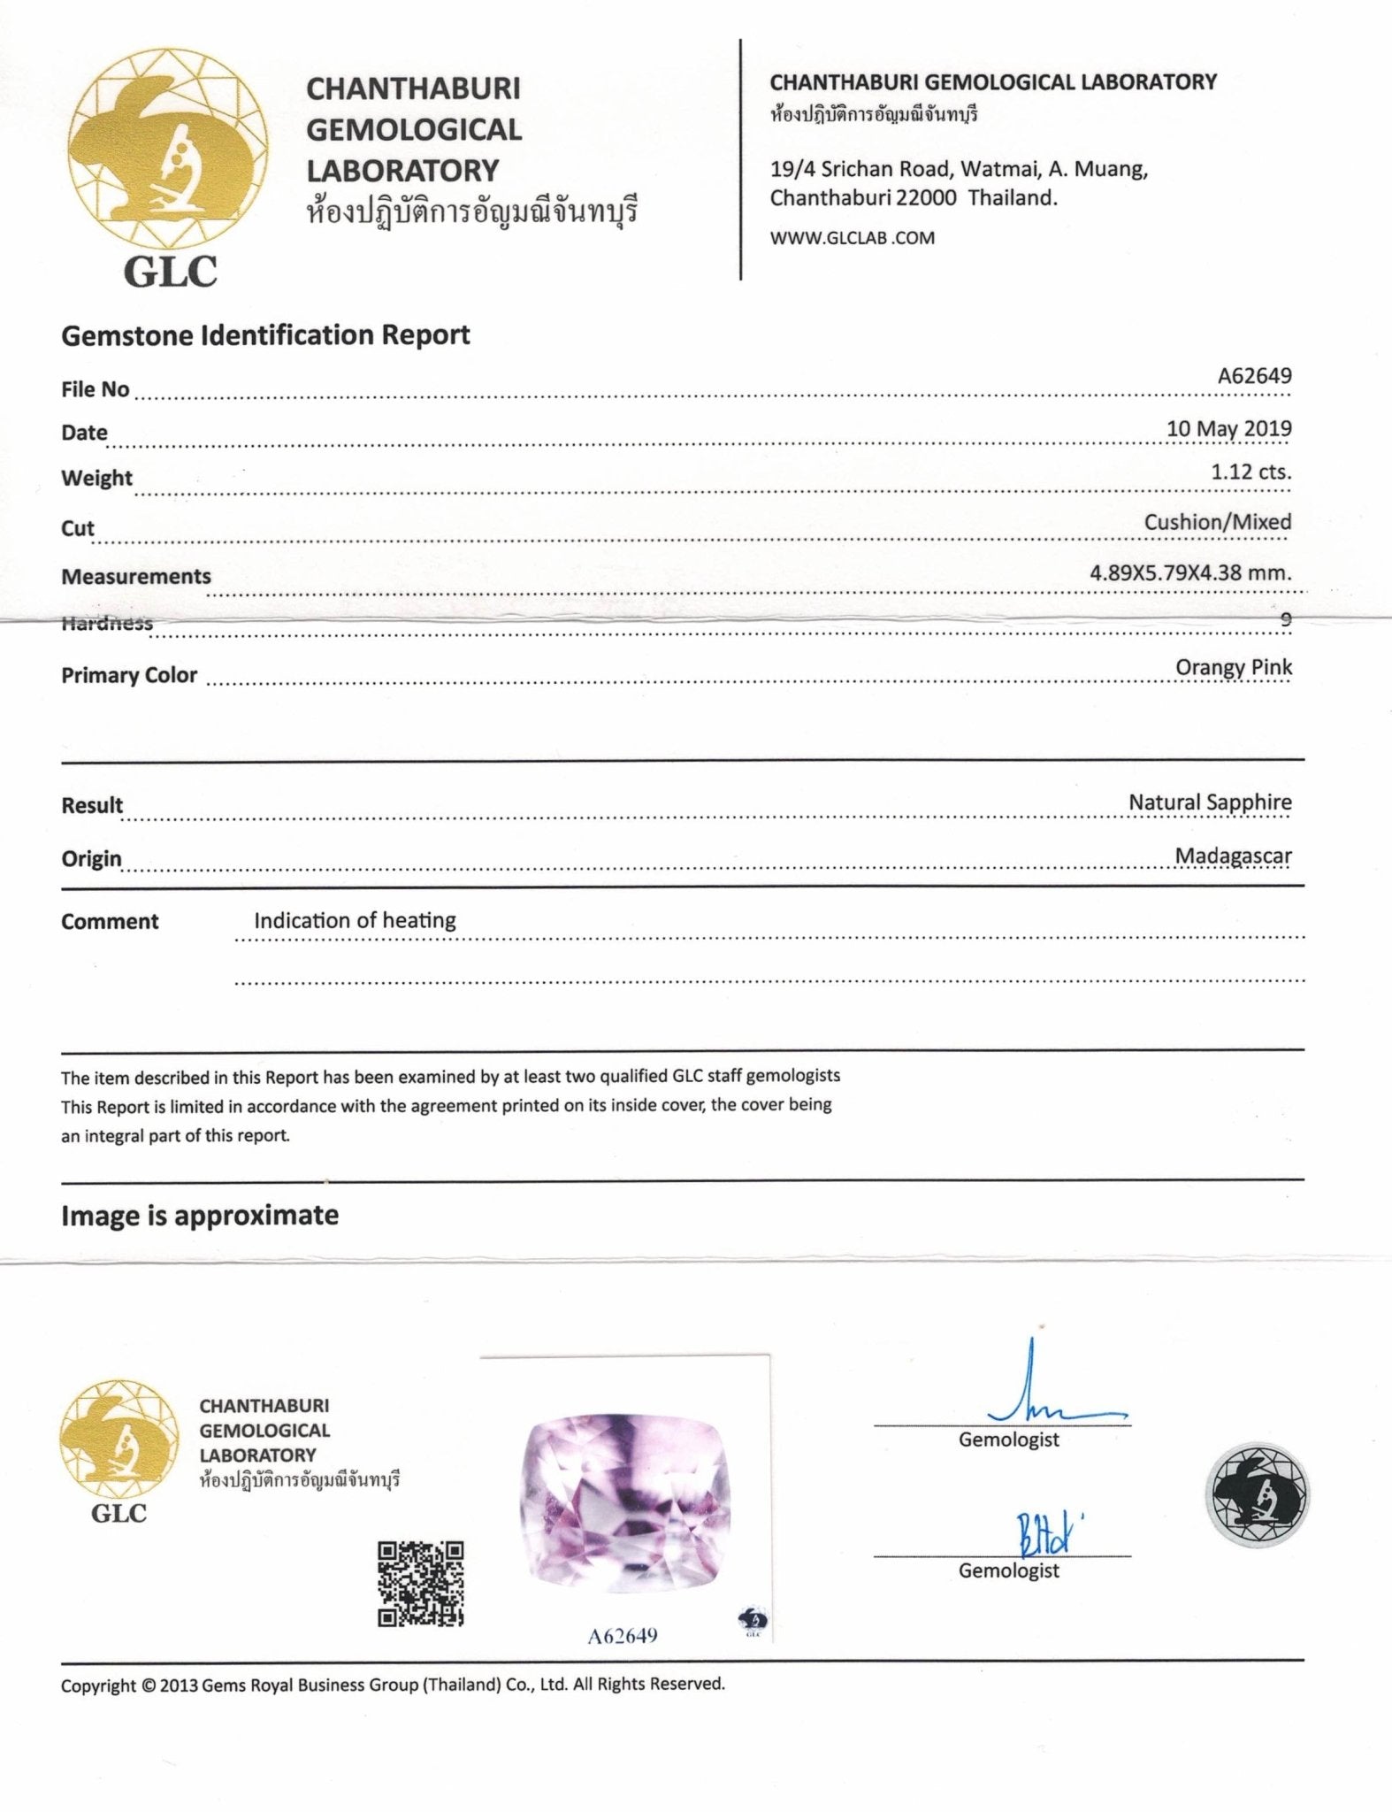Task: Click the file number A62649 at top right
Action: click(1254, 375)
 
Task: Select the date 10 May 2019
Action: click(1228, 428)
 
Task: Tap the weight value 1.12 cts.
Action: click(1251, 472)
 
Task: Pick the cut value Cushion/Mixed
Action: click(1217, 522)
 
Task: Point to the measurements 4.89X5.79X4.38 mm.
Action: click(1190, 572)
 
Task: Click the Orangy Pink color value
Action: click(1233, 667)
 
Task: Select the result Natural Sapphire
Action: click(1209, 802)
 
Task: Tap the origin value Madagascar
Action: click(1233, 856)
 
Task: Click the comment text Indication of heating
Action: click(355, 920)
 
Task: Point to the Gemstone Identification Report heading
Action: click(265, 335)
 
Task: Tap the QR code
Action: click(421, 1584)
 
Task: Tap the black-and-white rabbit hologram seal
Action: click(1257, 1495)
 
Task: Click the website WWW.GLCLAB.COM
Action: click(852, 237)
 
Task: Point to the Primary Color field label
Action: click(129, 675)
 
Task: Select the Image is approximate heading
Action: click(200, 1216)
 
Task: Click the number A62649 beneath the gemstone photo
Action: click(623, 1635)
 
